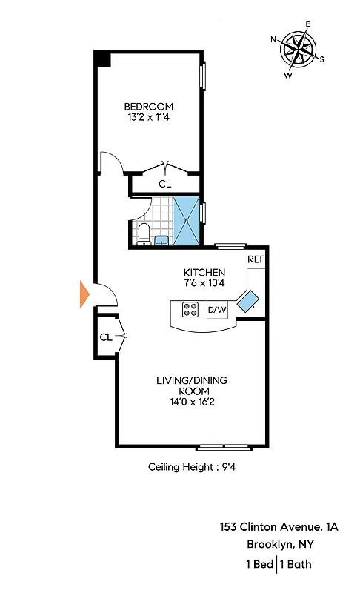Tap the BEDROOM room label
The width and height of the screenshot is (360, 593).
[148, 105]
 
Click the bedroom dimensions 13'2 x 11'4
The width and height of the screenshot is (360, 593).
[148, 116]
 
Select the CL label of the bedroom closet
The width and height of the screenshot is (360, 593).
[164, 184]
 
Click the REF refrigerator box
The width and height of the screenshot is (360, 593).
[256, 259]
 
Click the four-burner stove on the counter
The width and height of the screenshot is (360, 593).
[190, 310]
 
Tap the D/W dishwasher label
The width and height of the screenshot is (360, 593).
[217, 310]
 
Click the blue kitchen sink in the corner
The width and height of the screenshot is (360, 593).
[247, 300]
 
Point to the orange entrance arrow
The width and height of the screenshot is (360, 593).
[84, 294]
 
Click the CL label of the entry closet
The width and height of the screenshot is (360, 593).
[106, 337]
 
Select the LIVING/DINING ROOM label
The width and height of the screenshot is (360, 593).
[192, 385]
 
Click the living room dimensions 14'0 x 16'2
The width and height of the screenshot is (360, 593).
[192, 403]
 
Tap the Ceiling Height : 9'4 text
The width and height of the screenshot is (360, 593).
[192, 467]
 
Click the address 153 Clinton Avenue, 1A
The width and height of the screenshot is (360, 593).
[279, 527]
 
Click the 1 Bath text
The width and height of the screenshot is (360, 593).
[297, 564]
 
